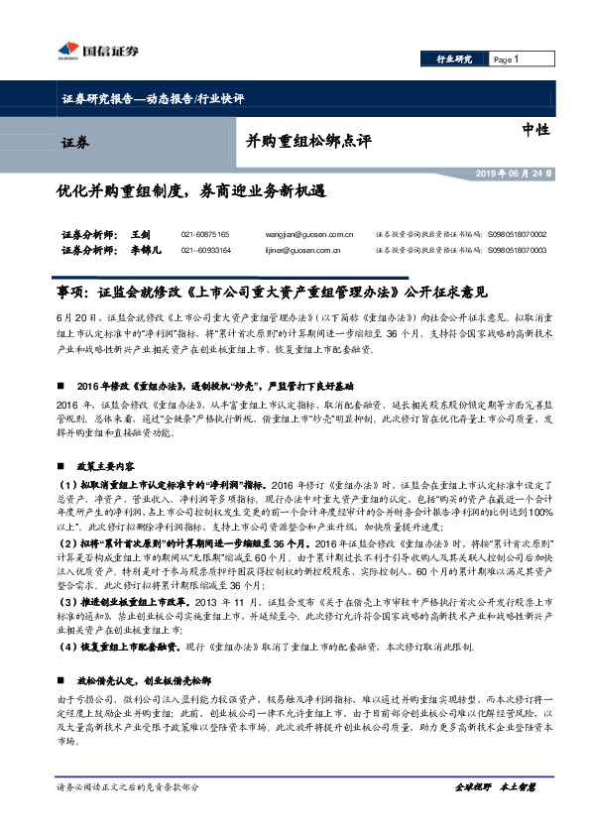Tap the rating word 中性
[534, 130]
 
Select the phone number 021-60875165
[204, 234]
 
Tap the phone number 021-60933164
[204, 250]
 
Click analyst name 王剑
[139, 234]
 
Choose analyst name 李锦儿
[144, 250]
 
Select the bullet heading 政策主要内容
[114, 436]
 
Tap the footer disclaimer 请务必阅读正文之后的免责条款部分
[128, 787]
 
